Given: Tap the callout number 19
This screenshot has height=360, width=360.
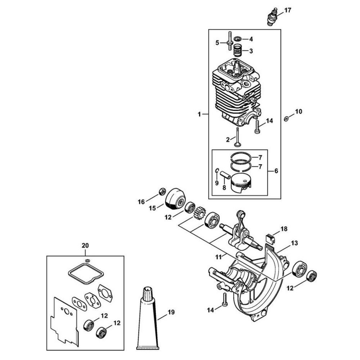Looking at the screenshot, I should point(171,312).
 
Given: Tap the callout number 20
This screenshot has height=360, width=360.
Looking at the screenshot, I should point(85,246).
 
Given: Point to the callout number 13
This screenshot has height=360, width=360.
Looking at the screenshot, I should point(294,243).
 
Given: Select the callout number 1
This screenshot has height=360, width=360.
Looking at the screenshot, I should point(199,114).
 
